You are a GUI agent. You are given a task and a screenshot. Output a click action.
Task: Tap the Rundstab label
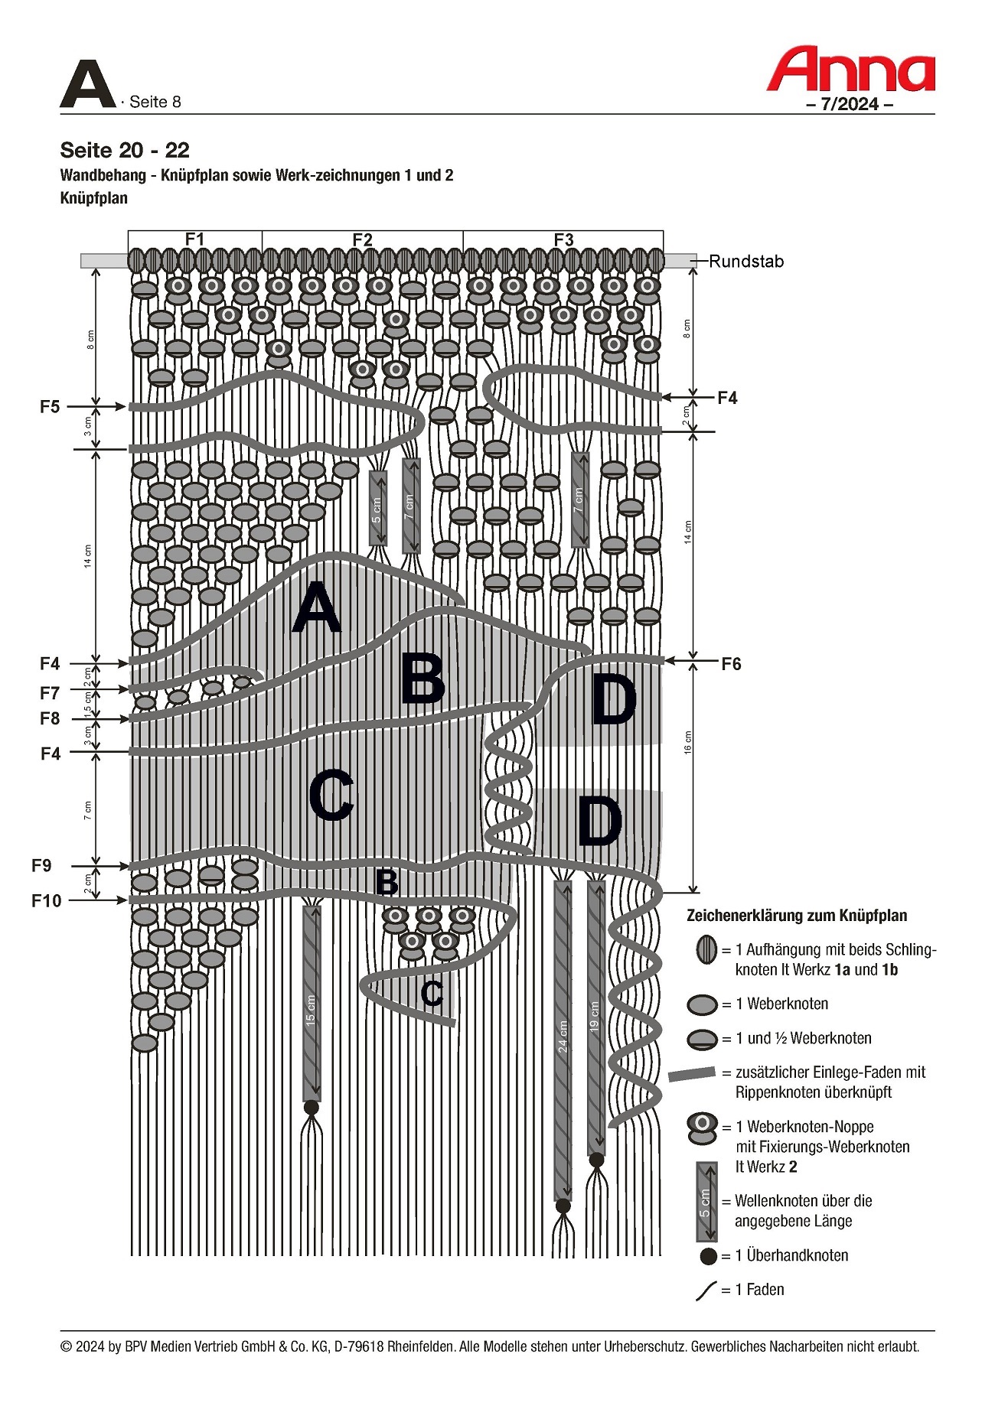745,262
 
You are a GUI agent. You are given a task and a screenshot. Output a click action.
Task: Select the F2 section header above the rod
362,239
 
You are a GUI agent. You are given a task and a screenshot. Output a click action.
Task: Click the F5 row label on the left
50,407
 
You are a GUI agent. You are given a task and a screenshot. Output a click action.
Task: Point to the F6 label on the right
731,664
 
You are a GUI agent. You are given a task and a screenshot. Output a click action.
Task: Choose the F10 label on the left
46,901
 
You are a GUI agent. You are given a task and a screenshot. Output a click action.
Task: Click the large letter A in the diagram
316,609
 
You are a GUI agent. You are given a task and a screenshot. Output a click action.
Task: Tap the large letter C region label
331,796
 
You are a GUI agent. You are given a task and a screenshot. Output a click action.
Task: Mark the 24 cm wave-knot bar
563,1040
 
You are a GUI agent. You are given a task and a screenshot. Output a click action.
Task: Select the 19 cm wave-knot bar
595,1017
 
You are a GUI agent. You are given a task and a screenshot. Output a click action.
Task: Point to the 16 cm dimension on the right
687,742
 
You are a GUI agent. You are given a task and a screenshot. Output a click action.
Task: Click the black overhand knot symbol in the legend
709,1256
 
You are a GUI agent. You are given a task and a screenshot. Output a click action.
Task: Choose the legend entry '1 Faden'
759,1290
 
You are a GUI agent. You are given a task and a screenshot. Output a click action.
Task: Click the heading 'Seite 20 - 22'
125,150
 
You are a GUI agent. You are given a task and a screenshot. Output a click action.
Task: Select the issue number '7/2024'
850,105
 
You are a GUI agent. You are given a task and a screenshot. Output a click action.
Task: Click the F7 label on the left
50,693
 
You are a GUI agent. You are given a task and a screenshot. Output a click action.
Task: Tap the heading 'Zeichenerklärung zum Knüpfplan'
796,916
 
